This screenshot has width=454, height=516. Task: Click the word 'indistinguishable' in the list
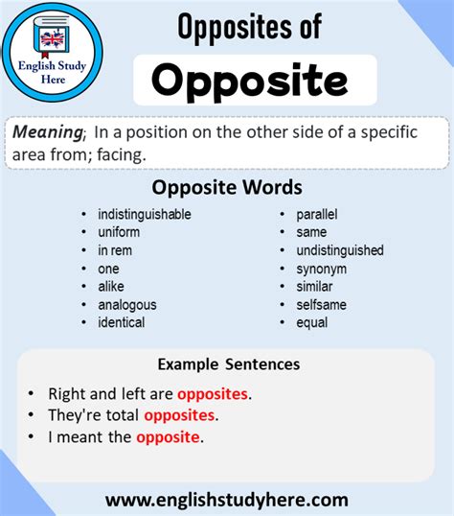coord(144,214)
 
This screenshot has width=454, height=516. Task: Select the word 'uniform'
coord(119,232)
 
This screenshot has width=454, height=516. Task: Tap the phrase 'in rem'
coord(115,250)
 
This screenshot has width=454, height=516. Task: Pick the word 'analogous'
coord(126,305)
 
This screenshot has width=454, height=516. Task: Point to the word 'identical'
coord(121,322)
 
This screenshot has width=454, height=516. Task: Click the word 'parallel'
coord(316,214)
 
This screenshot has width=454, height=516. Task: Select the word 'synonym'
coord(320,269)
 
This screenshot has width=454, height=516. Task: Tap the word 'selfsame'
coord(321,305)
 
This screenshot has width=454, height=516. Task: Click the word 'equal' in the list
coord(311,322)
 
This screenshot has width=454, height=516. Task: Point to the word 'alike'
coord(110,287)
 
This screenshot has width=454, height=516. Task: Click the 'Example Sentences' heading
coord(228,364)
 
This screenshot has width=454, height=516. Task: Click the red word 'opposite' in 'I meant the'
coord(169,437)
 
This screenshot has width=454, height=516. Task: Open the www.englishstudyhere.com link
coord(227,500)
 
